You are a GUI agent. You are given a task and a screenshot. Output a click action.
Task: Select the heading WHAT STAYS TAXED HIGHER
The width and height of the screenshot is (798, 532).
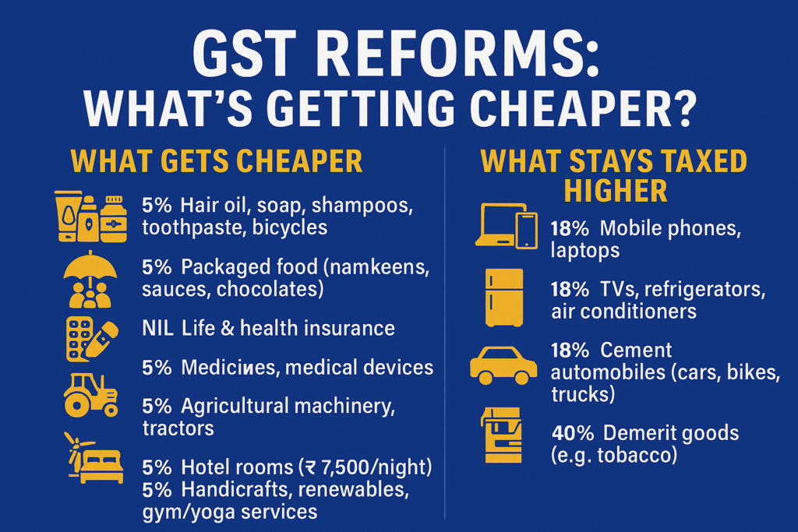coord(613,175)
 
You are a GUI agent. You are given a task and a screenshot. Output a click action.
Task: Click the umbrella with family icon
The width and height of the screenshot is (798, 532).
coord(90,280)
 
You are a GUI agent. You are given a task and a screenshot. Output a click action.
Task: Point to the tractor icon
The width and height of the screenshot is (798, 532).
coord(90,395)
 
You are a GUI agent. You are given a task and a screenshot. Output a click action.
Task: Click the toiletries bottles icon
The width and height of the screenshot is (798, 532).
coord(90,217)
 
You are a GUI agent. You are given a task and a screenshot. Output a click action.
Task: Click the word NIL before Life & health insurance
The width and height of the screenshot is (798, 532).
coord(158,328)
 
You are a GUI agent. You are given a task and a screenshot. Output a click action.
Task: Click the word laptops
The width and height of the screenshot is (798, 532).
coord(584,250)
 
